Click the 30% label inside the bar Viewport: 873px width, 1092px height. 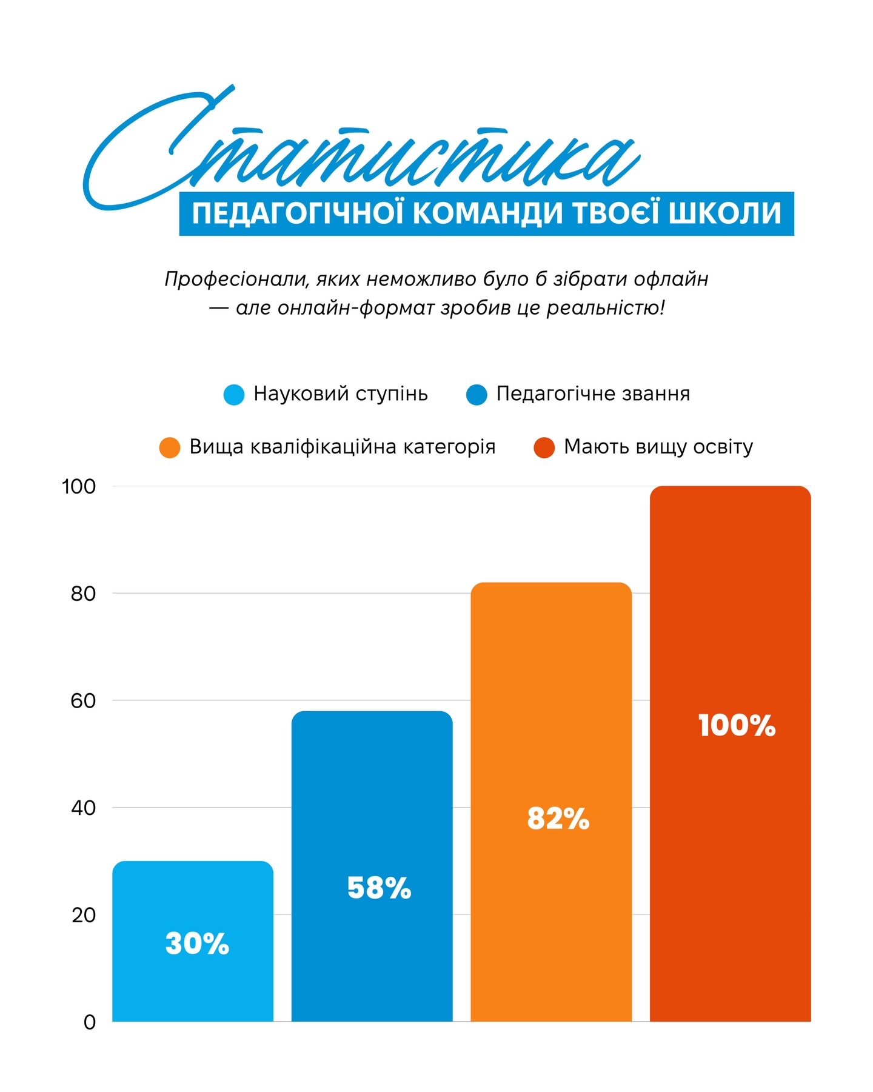pos(197,944)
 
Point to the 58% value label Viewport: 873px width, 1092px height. pos(379,888)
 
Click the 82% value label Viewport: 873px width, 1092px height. pos(558,819)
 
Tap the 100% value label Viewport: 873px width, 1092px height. pos(737,725)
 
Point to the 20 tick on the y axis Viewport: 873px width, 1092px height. pos(84,916)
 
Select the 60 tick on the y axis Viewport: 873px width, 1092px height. pos(84,701)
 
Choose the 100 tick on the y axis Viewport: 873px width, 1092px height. pos(79,486)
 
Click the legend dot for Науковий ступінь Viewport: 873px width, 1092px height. pos(234,395)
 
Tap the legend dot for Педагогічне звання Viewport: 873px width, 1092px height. pos(477,395)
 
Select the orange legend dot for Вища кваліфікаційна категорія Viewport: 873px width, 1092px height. pos(170,447)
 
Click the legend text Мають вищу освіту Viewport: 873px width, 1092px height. pos(658,447)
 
